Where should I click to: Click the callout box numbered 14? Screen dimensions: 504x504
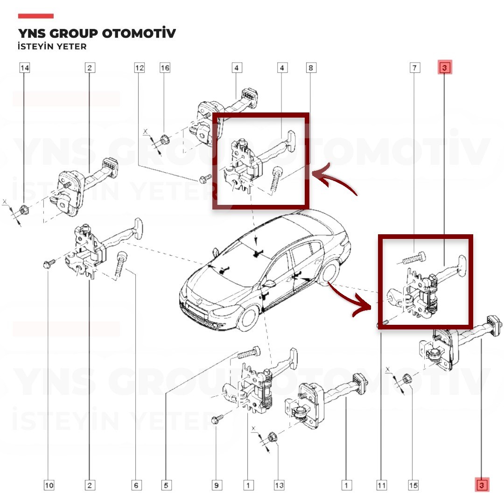(25, 68)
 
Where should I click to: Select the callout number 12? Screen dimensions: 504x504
(140, 68)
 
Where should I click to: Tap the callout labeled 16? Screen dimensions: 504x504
(165, 68)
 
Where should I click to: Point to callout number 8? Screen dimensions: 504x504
(311, 68)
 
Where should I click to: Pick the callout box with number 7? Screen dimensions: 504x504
(415, 68)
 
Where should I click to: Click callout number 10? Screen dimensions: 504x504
(49, 485)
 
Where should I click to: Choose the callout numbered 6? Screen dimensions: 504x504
(136, 485)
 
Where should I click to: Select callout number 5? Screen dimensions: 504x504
(166, 485)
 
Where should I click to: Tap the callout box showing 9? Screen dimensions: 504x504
(217, 485)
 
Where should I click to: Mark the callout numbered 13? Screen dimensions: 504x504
(279, 485)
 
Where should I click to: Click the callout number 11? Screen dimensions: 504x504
(382, 485)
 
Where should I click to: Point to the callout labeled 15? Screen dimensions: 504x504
(413, 485)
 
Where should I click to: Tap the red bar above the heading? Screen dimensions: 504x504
(35, 16)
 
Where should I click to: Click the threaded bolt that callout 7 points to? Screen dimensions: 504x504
(412, 258)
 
